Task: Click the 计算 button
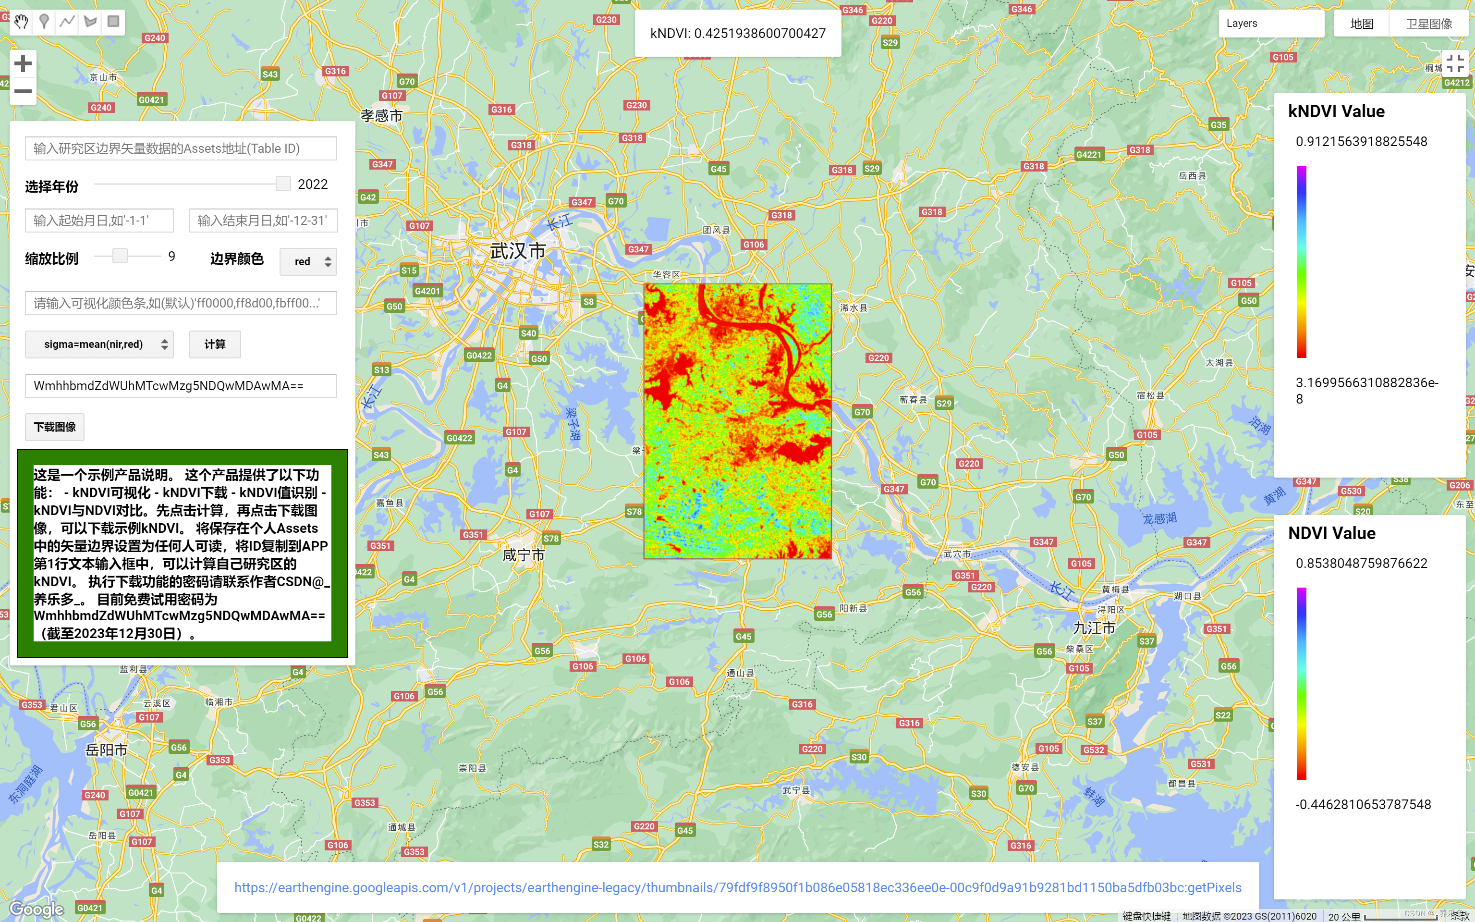[215, 344]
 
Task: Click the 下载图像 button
[55, 427]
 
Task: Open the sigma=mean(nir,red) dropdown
[99, 344]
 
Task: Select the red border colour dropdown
[308, 261]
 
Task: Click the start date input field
[99, 221]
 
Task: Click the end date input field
[263, 221]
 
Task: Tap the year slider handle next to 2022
[283, 184]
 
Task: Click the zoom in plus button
[23, 63]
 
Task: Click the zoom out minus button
[23, 91]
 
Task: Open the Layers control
[1270, 24]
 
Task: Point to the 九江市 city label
[1094, 627]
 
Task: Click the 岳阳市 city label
[106, 750]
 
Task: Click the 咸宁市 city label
[523, 555]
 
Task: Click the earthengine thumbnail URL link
[738, 887]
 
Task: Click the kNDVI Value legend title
[1336, 111]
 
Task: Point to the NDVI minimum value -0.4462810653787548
[1363, 804]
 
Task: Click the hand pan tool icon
[21, 22]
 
